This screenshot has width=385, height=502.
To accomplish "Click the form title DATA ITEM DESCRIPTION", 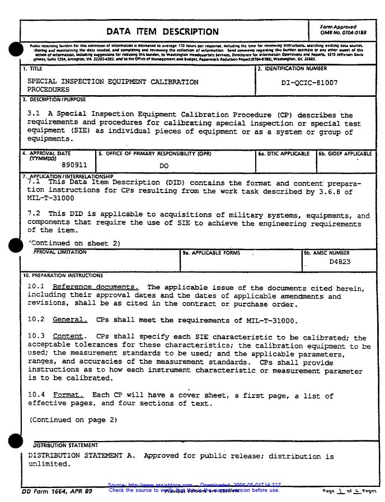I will [162, 32].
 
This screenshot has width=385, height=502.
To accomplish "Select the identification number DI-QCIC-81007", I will [309, 83].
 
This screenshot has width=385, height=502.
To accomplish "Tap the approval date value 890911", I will [74, 165].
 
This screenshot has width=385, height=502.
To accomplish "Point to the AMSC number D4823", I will [340, 262].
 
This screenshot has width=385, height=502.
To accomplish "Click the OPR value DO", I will [164, 166].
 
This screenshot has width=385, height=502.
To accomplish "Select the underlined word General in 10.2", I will [70, 320].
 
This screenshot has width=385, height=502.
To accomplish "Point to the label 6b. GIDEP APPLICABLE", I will [345, 153].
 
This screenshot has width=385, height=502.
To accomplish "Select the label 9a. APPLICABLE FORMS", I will [211, 253].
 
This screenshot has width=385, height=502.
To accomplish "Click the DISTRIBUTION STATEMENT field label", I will [65, 445].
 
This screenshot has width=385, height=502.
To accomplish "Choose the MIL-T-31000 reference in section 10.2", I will [271, 320].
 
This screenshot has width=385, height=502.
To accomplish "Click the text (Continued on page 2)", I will [73, 420].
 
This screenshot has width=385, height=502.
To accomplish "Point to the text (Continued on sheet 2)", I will [74, 243].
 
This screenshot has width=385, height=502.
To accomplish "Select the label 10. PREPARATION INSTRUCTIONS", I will [63, 275].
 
